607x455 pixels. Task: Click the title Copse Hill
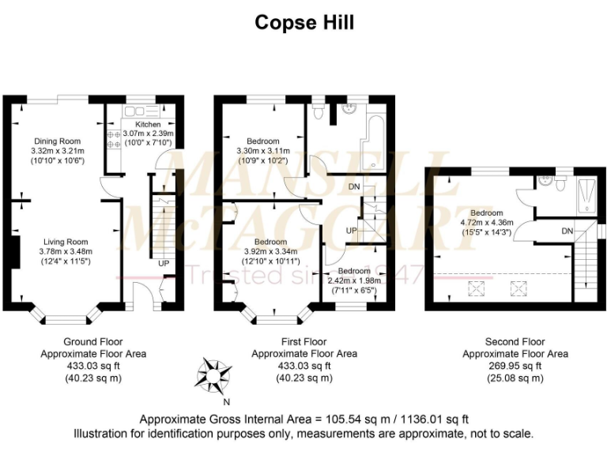(303, 22)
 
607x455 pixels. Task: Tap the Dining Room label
(57, 141)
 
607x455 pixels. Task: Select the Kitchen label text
(148, 124)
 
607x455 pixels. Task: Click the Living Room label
(65, 242)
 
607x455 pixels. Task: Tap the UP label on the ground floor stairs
(164, 263)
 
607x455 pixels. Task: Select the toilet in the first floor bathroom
(318, 112)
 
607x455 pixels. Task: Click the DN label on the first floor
(356, 187)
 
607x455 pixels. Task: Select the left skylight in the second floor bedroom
(477, 289)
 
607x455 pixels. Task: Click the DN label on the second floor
(567, 231)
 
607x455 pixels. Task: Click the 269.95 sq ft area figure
(515, 366)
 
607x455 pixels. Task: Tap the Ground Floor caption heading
(93, 341)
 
